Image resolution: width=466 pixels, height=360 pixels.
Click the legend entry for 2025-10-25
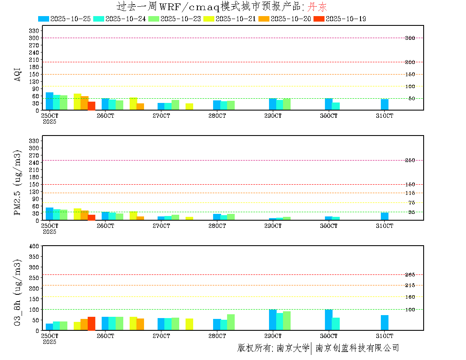(64, 19)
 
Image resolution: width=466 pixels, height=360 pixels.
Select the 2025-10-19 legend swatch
(319, 19)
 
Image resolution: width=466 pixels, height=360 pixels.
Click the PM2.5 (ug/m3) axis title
(18, 183)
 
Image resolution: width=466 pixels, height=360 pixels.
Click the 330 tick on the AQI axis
(34, 30)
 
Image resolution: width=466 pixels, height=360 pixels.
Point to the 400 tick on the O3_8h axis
(34, 246)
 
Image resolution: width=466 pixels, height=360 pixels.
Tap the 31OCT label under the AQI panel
(385, 116)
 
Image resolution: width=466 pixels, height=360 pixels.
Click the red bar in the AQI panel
(92, 106)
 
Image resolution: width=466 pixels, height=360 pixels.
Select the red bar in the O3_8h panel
(92, 324)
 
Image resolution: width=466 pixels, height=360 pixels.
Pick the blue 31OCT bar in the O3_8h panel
(385, 323)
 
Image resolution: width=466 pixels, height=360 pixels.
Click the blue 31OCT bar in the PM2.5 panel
(385, 216)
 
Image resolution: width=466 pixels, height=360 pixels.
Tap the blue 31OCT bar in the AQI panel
(385, 105)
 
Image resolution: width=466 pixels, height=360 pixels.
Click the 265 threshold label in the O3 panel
(410, 275)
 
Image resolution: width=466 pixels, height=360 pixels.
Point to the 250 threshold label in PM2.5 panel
(410, 160)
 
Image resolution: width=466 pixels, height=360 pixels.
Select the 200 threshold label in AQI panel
(410, 62)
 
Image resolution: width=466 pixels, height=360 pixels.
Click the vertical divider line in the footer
(311, 348)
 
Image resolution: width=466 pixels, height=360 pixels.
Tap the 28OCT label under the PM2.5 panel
(217, 226)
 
